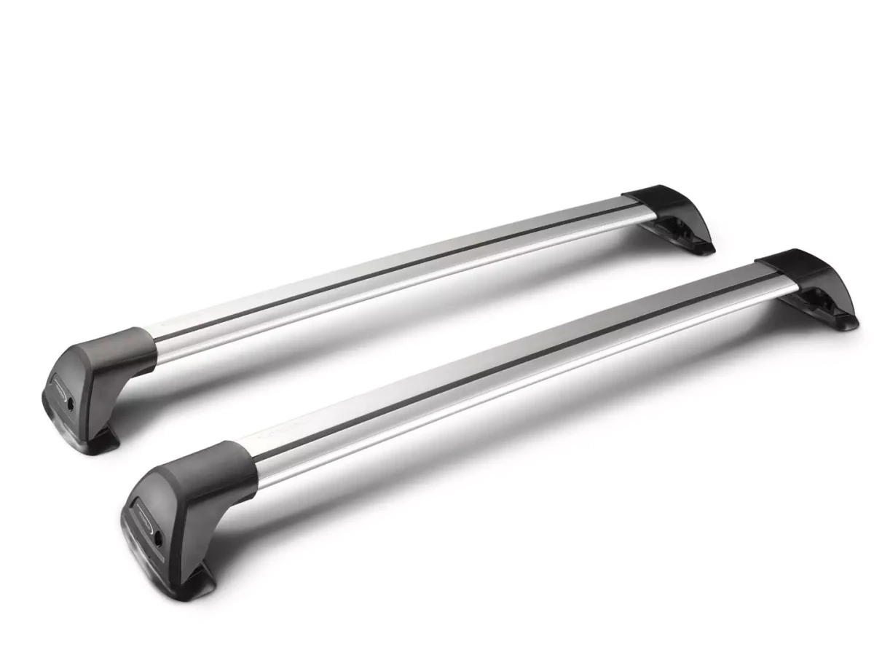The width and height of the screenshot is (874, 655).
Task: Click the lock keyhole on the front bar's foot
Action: (x=157, y=538)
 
